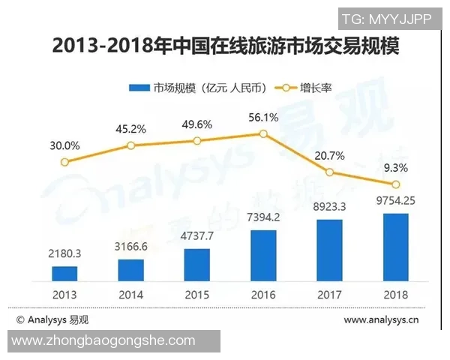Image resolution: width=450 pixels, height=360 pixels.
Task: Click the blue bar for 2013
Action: [x=64, y=273]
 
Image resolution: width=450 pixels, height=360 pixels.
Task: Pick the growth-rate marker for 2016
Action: [x=263, y=133]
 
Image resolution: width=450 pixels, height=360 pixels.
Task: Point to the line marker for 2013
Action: [x=64, y=162]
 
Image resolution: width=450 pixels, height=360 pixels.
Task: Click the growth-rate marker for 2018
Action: [x=396, y=184]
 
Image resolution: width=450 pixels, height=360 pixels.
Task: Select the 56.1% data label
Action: [x=263, y=117]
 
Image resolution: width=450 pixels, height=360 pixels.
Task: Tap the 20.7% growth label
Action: [x=330, y=156]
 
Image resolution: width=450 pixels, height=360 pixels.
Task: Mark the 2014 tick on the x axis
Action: [x=131, y=294]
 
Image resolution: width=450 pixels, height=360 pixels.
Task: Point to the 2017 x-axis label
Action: [x=330, y=294]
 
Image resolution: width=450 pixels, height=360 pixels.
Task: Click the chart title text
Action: [x=225, y=46]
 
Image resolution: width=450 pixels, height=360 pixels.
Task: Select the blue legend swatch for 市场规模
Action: [x=140, y=88]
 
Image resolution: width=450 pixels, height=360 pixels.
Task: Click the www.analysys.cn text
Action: [x=381, y=320]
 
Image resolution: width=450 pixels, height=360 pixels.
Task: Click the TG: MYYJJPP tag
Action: [x=387, y=19]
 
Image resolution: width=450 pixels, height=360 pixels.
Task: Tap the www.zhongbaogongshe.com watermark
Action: [x=105, y=341]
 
